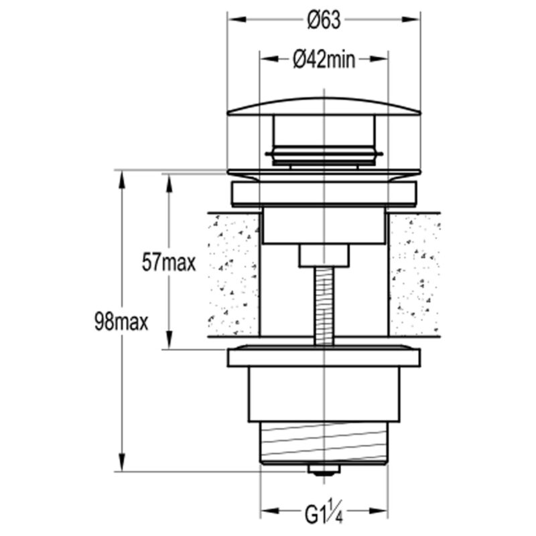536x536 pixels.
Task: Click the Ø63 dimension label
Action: [x=324, y=20]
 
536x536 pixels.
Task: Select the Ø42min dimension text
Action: [x=324, y=60]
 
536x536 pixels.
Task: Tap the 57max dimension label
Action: [x=169, y=263]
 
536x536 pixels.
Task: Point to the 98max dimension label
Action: [x=121, y=322]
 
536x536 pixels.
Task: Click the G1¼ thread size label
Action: [x=324, y=511]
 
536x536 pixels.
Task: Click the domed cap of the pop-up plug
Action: [x=324, y=107]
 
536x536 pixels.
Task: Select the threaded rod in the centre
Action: [x=324, y=306]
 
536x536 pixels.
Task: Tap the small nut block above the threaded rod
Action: [x=324, y=255]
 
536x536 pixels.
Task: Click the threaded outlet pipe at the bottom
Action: [x=324, y=443]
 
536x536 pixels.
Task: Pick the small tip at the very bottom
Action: [x=324, y=470]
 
